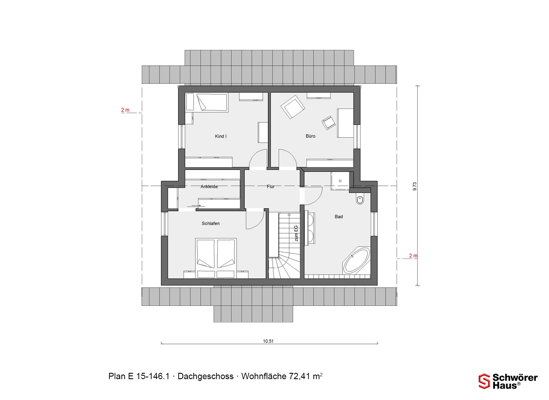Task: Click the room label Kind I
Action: click(220, 136)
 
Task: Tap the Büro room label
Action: click(310, 136)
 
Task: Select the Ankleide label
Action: click(209, 187)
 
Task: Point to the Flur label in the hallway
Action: click(270, 187)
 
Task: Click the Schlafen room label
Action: click(211, 223)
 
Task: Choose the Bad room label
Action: click(339, 217)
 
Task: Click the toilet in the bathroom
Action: click(360, 199)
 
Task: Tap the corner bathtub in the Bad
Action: click(356, 261)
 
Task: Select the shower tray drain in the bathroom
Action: click(340, 181)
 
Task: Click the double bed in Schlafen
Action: click(216, 258)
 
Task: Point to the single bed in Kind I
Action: click(207, 102)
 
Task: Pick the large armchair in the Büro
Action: click(293, 107)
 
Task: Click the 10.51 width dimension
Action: click(268, 341)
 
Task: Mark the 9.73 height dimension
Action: click(415, 186)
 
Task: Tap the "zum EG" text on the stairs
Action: click(296, 233)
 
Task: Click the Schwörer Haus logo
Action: click(508, 381)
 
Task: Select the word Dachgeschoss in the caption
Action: click(206, 376)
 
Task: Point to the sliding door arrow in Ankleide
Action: click(196, 205)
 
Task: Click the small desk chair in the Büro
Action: click(329, 123)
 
